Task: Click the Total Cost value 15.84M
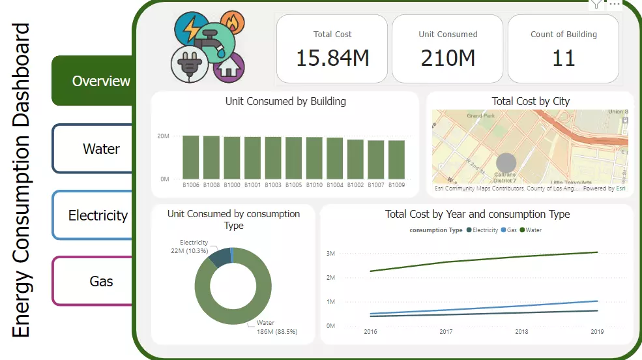332,58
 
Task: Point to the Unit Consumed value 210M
448,58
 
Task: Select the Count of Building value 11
563,58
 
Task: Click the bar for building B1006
190,157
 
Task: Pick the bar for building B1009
396,160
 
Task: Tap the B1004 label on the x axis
334,185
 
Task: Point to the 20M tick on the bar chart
163,136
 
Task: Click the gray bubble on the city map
506,163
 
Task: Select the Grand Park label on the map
481,115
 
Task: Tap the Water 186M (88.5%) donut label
276,327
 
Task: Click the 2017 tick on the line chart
446,332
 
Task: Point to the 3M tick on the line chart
330,253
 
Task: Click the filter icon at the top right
596,4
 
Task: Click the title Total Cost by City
530,101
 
